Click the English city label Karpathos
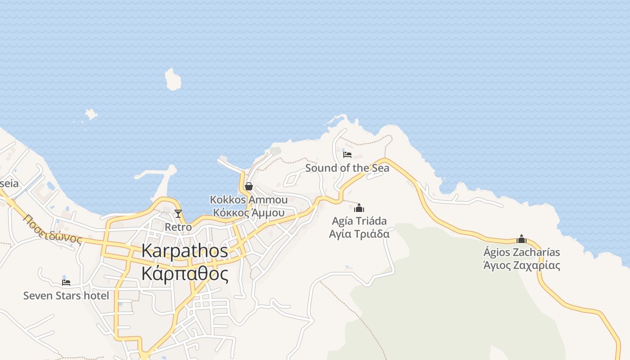pos(184,251)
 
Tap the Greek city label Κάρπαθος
pos(184,273)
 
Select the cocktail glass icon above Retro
pos(178,213)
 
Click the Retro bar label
pos(178,227)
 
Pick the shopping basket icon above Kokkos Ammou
pos(248,186)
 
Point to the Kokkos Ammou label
pos(248,200)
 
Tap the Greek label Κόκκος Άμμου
pos(248,212)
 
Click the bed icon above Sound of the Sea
pos(347,155)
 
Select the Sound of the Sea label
pos(347,168)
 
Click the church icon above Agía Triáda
pos(359,208)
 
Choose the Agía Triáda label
pos(359,221)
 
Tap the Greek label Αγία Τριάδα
pos(359,234)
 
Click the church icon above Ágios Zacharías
pos(522,239)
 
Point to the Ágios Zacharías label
pos(522,252)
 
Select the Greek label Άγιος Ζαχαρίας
pos(522,265)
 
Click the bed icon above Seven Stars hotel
pos(66,283)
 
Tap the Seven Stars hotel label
pos(66,296)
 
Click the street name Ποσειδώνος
pos(53,229)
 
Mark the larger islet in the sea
pos(173,79)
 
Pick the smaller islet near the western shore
pos(91,114)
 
